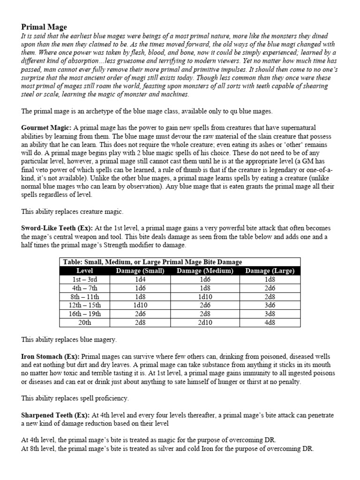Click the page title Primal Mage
45,27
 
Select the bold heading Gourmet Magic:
46,127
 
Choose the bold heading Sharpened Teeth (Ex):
56,415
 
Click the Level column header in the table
84,270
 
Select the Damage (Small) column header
140,270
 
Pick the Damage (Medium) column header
205,270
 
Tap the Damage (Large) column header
270,270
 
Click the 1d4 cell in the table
140,279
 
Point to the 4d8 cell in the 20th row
270,322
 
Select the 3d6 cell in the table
270,305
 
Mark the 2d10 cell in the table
205,322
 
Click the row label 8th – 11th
84,297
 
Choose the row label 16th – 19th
84,314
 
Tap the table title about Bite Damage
152,262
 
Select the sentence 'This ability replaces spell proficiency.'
75,398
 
